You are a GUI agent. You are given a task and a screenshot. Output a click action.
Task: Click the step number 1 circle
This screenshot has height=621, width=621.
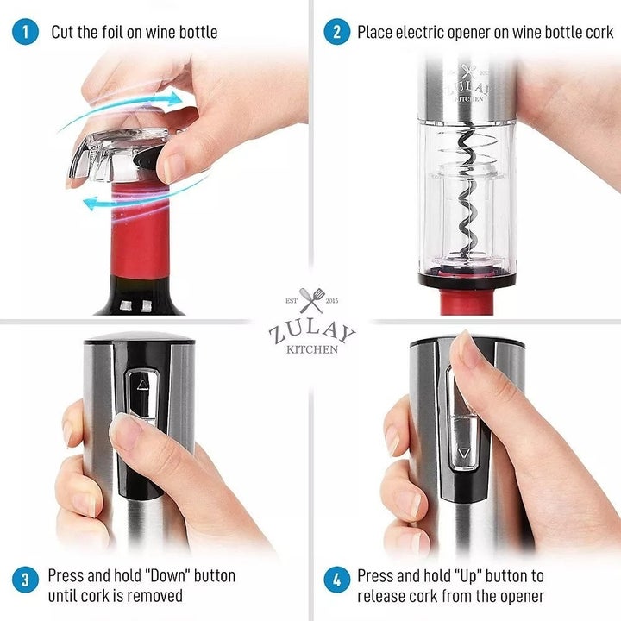(x=26, y=33)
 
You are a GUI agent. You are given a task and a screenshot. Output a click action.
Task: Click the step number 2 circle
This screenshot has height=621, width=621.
(x=336, y=33)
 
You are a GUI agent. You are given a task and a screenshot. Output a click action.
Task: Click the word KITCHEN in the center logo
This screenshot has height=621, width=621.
(x=311, y=349)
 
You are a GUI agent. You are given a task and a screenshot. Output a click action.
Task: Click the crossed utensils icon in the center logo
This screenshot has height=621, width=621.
(x=311, y=301)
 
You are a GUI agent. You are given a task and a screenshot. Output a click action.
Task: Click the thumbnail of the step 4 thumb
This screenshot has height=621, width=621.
(x=467, y=349)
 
